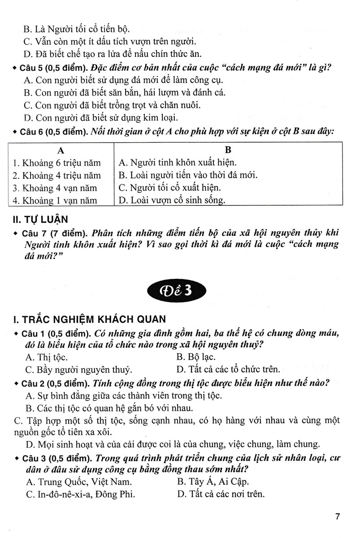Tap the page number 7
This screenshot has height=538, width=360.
[x=337, y=516]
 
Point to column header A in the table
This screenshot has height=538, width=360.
[x=60, y=150]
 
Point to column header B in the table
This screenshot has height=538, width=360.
[x=228, y=150]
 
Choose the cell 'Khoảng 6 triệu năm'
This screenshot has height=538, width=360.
[x=57, y=163]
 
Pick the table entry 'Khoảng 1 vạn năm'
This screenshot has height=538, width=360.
[x=55, y=201]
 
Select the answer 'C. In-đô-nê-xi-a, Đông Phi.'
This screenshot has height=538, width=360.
[x=80, y=495]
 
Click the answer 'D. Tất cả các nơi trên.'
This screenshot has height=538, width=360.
[x=221, y=495]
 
